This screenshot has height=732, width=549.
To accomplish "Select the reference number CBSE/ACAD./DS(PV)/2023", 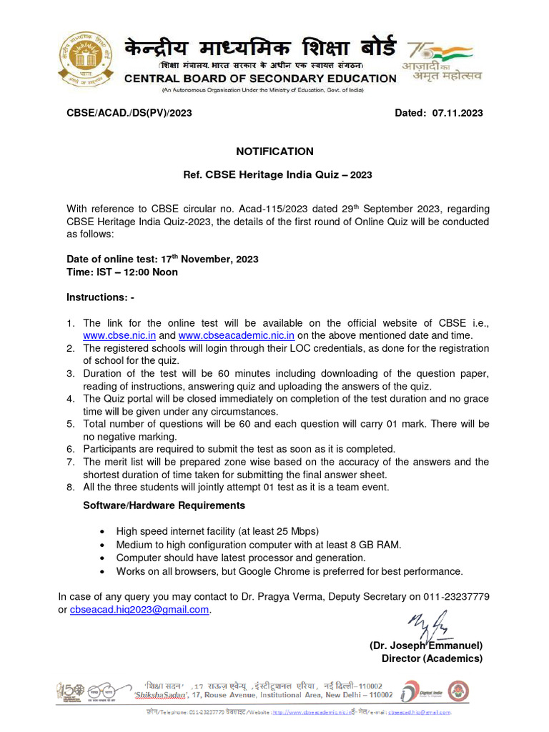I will (129, 113).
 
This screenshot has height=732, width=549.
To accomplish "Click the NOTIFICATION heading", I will (274, 152).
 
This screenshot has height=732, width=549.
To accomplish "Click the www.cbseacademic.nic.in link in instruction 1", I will (236, 335).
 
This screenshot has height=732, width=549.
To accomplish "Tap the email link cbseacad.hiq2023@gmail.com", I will (139, 610).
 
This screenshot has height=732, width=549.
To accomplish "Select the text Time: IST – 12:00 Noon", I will (122, 272).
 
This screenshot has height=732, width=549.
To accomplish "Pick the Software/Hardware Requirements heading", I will (164, 505).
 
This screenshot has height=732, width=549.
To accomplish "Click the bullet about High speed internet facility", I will (217, 531).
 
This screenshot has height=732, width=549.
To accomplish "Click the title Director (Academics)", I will (432, 658).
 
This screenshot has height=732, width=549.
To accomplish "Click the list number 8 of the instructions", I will (71, 488).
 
